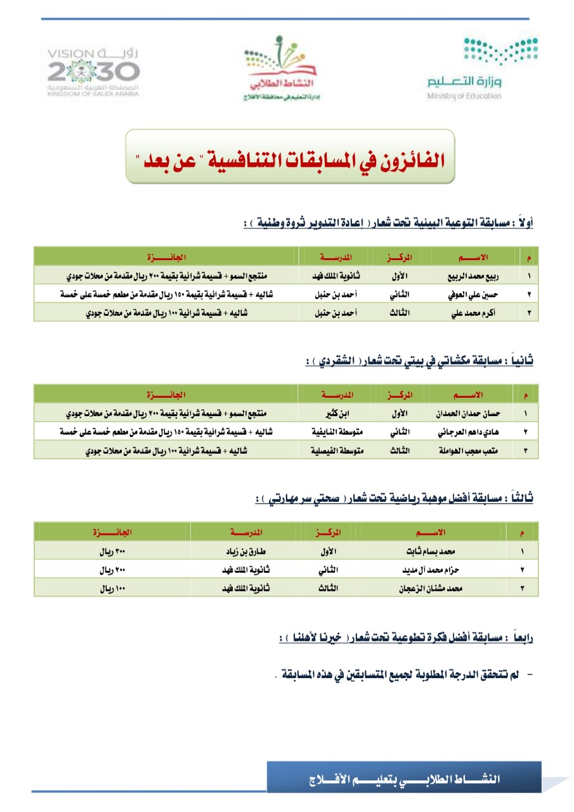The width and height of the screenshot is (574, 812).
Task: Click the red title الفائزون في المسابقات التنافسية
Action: [290, 157]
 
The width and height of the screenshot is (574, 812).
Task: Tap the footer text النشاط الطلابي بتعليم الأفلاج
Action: [404, 778]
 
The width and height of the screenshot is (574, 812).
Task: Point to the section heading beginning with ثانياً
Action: [419, 361]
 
